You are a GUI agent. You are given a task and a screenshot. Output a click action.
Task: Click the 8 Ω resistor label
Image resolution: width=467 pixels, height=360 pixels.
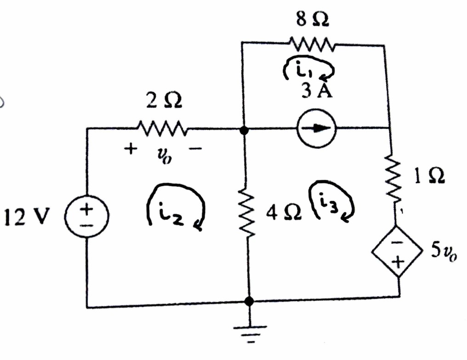click(313, 19)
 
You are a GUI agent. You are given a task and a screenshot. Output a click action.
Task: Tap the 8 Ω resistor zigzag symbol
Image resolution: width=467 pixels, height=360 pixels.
click(313, 44)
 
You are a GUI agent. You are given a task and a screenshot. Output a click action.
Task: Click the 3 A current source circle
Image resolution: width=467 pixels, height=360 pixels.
click(317, 129)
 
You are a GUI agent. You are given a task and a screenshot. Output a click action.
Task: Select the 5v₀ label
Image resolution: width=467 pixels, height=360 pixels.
click(444, 253)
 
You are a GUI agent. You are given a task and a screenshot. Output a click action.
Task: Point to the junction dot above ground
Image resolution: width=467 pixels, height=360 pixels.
click(249, 301)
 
